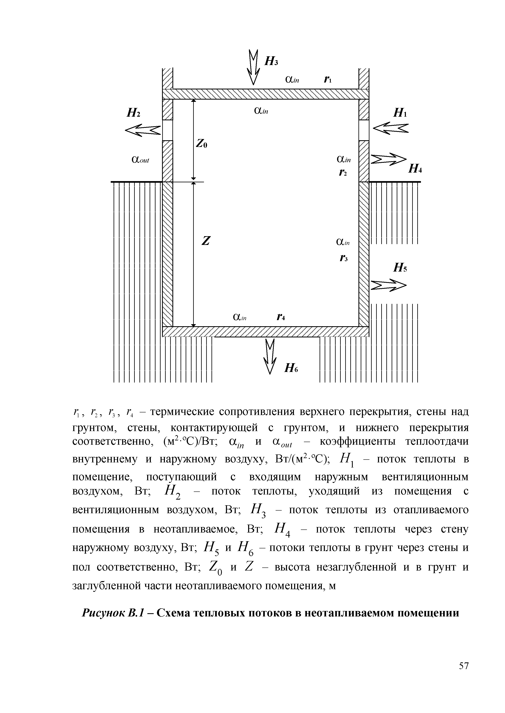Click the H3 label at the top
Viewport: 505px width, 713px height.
(271, 61)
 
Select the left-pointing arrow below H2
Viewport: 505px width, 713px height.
(143, 130)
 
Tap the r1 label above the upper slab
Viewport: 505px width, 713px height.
(328, 80)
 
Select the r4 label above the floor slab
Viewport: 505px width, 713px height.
(281, 317)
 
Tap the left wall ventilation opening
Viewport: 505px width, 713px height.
(168, 130)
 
